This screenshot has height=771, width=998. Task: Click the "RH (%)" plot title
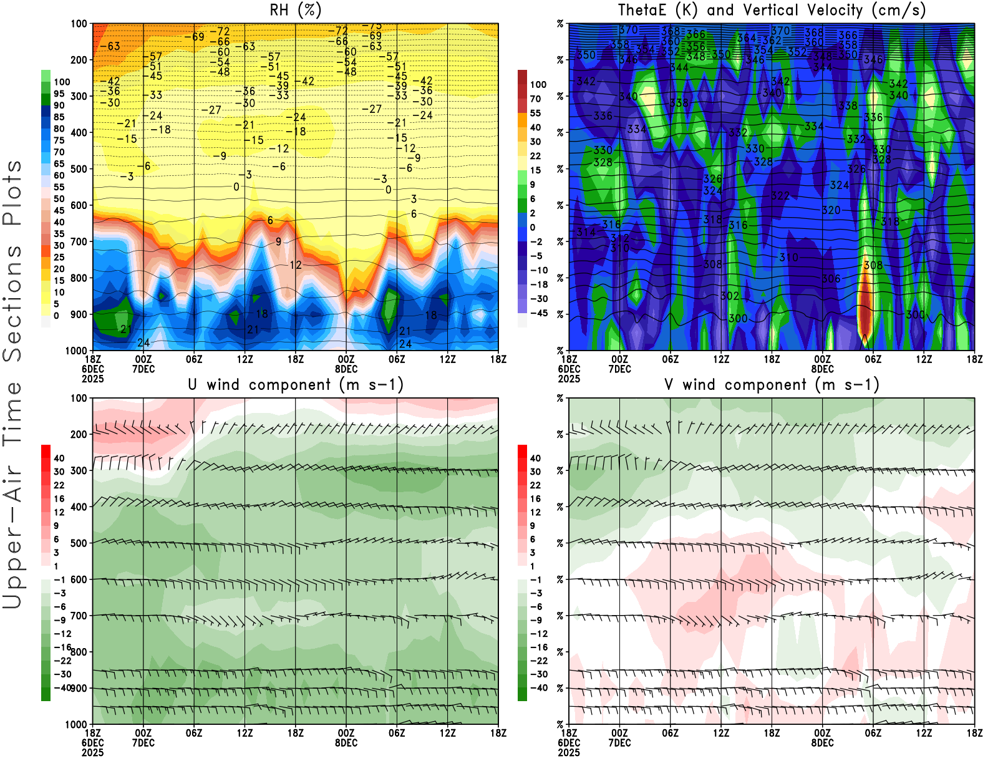coord(296,10)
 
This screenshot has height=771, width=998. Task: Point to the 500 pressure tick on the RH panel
coord(79,168)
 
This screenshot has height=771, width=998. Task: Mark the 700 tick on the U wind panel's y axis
coord(79,616)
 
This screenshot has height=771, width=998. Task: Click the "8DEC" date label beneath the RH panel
coord(346,369)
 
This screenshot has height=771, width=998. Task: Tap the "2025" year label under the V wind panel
coord(569,752)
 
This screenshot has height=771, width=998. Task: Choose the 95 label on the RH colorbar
coord(59,94)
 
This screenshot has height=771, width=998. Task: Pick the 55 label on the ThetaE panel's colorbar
coord(535,113)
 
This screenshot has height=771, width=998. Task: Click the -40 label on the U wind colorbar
coord(62,687)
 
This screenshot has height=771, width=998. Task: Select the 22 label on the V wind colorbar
coord(535,485)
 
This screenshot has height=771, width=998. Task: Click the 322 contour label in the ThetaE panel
coord(780,195)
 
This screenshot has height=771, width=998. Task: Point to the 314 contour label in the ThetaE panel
coord(586,232)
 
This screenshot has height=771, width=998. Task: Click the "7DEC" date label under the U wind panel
coord(143,742)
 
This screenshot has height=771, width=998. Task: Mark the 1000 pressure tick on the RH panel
coord(77,351)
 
